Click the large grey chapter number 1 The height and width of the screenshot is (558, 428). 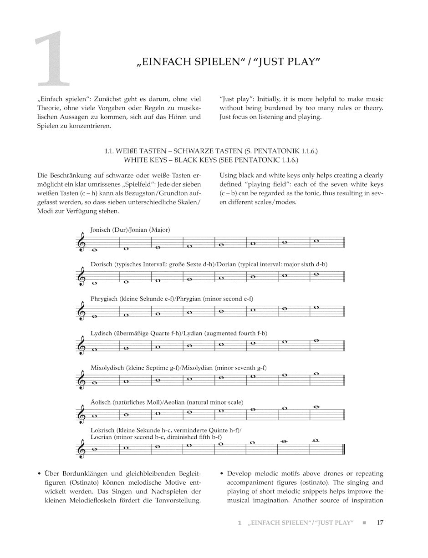point(54,59)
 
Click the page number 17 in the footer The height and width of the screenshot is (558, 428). point(380,522)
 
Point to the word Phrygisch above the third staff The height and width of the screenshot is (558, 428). point(104,299)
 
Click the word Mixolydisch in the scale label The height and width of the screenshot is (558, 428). point(107,368)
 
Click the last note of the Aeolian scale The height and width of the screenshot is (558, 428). point(316,407)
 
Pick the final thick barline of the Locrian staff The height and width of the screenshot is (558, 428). point(344,449)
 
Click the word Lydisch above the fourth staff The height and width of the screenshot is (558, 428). point(101,334)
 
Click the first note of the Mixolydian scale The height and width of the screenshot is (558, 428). point(94,383)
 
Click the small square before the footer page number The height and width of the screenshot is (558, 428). point(364,523)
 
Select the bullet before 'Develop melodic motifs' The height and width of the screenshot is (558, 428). point(221,474)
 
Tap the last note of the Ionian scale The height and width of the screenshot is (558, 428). point(316,241)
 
